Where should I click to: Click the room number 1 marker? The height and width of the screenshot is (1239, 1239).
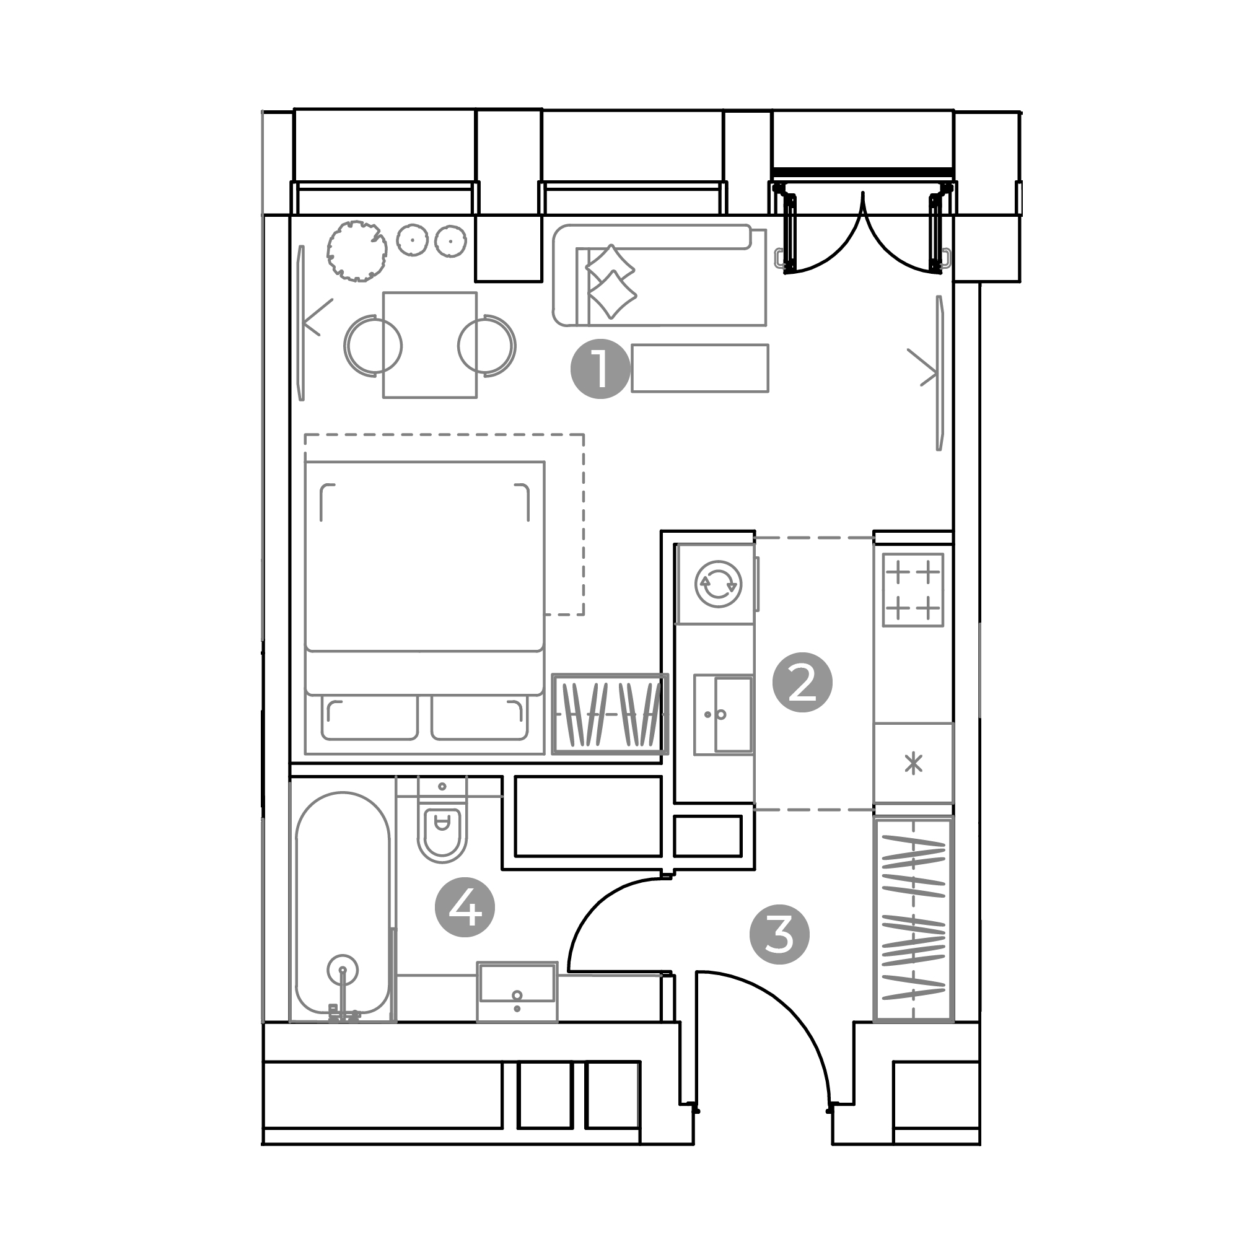(x=600, y=369)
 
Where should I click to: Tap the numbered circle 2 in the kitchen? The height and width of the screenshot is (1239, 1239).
(x=802, y=683)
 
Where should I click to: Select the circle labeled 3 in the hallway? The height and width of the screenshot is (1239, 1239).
(x=780, y=934)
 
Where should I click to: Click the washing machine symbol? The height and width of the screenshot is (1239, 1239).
(x=718, y=584)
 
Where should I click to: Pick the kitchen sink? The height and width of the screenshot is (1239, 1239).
(x=724, y=714)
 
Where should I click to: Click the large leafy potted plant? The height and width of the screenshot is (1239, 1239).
(x=357, y=250)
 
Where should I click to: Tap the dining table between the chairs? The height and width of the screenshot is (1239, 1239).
(x=430, y=345)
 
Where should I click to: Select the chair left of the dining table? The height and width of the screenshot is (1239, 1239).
(x=372, y=345)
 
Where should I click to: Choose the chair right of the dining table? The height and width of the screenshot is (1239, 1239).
(x=488, y=345)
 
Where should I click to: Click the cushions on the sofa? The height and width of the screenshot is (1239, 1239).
(x=611, y=281)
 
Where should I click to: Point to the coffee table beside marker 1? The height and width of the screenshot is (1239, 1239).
(x=699, y=368)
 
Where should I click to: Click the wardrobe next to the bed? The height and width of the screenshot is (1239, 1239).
(x=610, y=714)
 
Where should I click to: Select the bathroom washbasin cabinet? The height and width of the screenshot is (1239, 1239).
(x=517, y=991)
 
